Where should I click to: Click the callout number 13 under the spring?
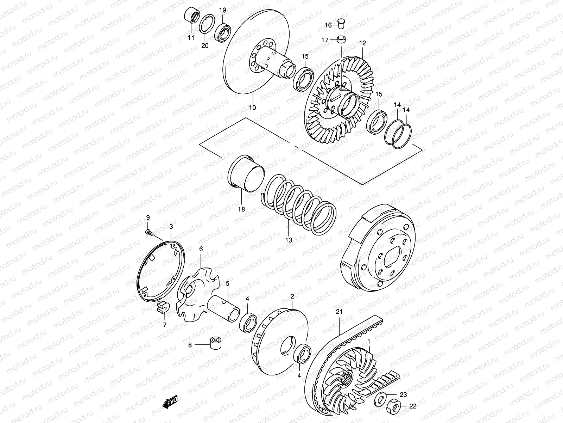[x=289, y=240]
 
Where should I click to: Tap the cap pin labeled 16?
[x=340, y=23]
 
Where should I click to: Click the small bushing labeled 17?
[x=341, y=39]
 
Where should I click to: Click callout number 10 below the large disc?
[x=253, y=107]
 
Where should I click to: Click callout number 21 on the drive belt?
[x=339, y=312]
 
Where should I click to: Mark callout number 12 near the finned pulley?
[x=362, y=43]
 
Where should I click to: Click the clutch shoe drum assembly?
[x=378, y=254]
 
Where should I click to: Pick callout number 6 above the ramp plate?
[x=201, y=249]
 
